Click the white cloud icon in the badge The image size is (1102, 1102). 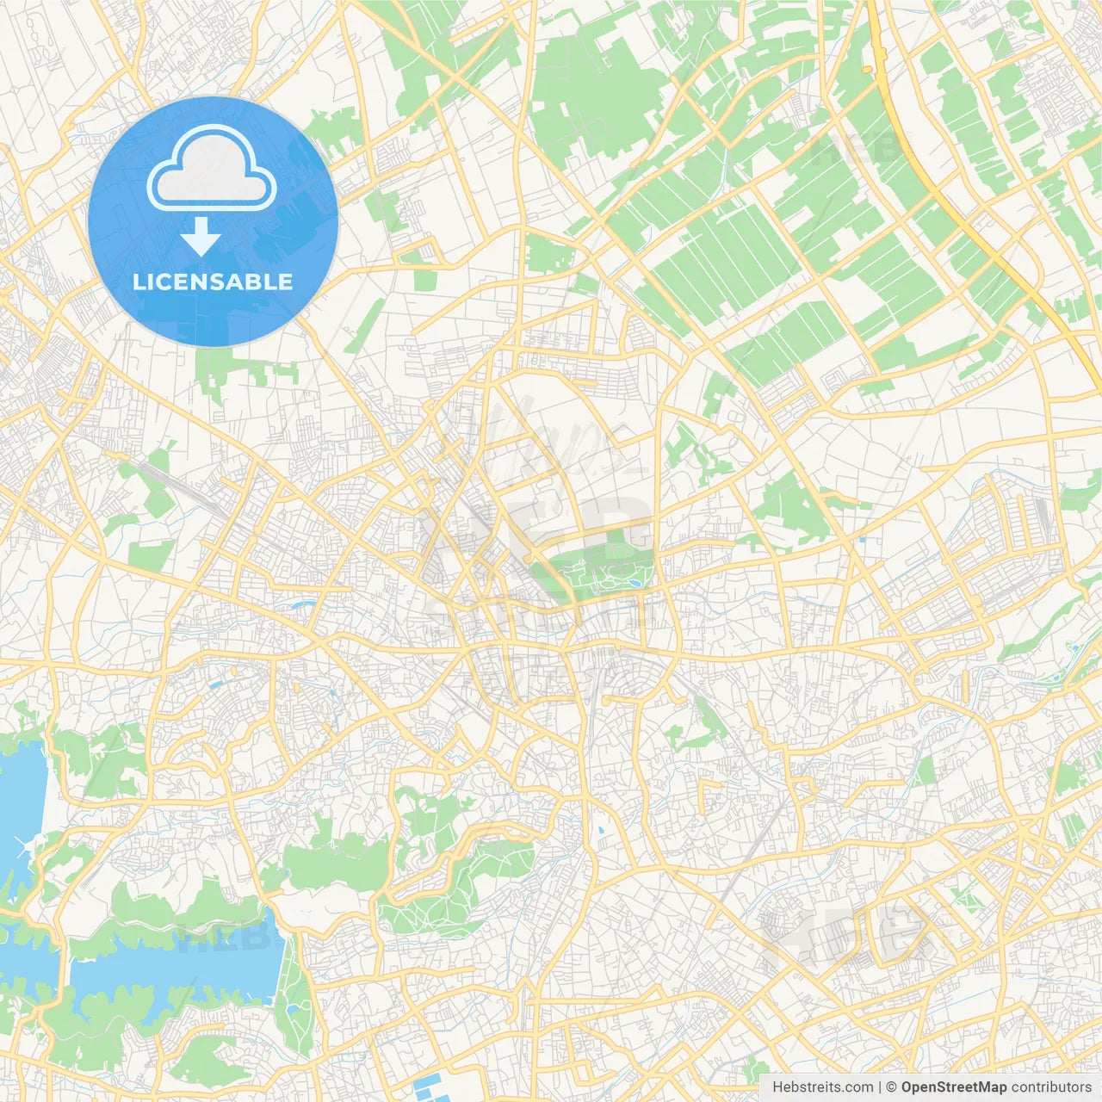[212, 169]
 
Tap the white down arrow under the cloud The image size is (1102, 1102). [201, 237]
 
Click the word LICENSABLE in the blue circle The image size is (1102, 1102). [213, 282]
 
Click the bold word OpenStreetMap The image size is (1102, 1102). [954, 1087]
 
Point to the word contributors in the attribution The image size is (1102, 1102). [1051, 1087]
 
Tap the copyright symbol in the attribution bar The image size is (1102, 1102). [892, 1087]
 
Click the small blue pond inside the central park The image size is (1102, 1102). [635, 583]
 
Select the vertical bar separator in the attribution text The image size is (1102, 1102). [880, 1087]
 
